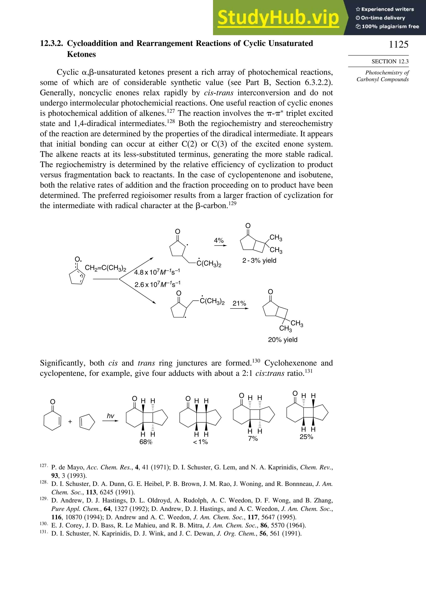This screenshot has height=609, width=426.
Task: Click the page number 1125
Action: [398, 44]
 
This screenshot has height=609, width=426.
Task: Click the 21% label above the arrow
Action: [239, 303]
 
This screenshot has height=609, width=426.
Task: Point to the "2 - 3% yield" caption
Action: [259, 260]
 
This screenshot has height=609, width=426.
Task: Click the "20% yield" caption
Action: [283, 339]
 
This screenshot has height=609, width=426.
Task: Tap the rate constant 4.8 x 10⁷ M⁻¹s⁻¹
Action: [157, 272]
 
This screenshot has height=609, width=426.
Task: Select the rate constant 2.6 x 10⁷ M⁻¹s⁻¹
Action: [157, 284]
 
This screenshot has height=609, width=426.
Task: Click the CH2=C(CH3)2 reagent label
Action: [105, 268]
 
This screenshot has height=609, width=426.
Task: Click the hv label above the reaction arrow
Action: [110, 416]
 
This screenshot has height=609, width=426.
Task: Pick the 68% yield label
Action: [146, 442]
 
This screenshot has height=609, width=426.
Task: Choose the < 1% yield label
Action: [200, 442]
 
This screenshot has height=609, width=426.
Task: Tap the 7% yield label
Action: [253, 439]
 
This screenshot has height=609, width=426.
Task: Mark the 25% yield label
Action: [306, 437]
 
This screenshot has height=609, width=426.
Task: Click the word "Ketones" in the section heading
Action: [81, 54]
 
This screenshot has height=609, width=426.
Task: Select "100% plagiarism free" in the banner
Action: [387, 26]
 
